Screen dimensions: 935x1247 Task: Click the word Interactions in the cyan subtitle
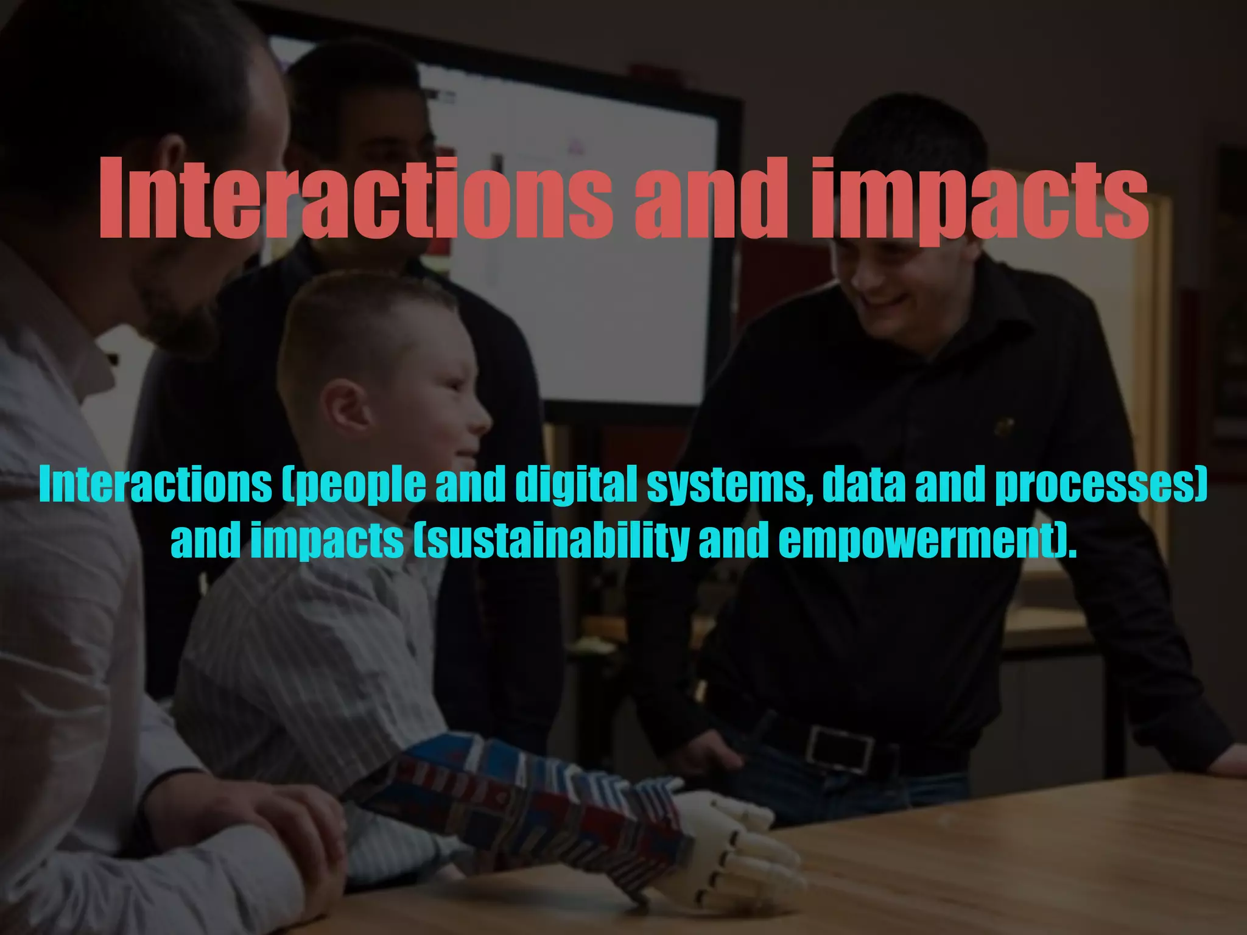point(155,485)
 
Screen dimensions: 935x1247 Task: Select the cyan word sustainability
point(551,541)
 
